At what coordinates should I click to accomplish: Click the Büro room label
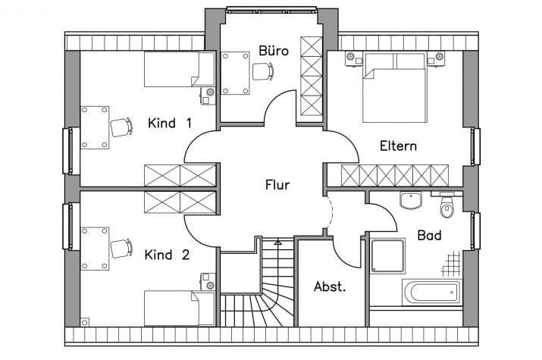[274, 51]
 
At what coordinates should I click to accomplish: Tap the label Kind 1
[170, 123]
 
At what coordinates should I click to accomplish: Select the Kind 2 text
[168, 255]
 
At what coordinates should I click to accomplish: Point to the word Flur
[277, 185]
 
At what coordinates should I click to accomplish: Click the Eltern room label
[398, 146]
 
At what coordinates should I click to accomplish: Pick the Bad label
[429, 235]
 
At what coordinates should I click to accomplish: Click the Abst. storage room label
[330, 286]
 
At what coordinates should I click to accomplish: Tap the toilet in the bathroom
[447, 206]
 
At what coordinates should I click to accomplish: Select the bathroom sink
[411, 200]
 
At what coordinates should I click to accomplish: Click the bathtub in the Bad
[431, 293]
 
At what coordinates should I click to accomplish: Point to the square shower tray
[387, 256]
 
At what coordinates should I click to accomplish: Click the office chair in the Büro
[263, 71]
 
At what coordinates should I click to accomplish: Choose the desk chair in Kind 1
[121, 127]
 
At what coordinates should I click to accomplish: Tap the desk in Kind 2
[94, 249]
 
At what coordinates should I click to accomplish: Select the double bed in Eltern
[394, 87]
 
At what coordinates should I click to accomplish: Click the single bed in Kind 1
[180, 69]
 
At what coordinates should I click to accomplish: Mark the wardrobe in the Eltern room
[394, 176]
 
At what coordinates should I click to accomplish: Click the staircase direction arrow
[277, 242]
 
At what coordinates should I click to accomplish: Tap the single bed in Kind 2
[180, 308]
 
